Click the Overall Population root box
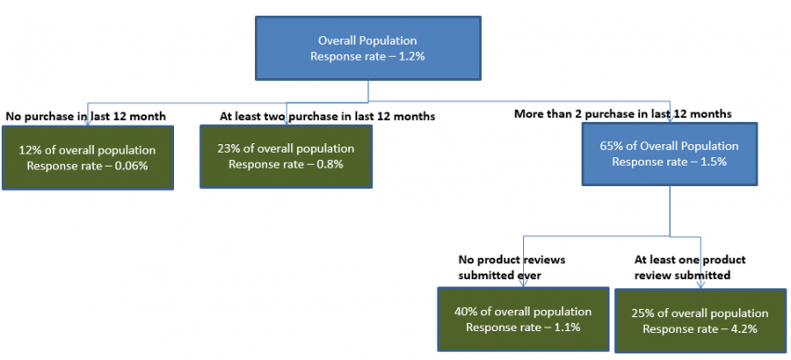coord(369,48)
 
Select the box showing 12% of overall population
coord(87,157)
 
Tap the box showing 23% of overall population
coord(287,156)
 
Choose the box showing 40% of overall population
coord(522,320)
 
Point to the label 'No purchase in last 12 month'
coord(86,116)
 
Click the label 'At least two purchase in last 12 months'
coord(328,116)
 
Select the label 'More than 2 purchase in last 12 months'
coord(623,113)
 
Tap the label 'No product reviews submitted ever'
coord(511,268)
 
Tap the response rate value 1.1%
coord(562,327)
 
